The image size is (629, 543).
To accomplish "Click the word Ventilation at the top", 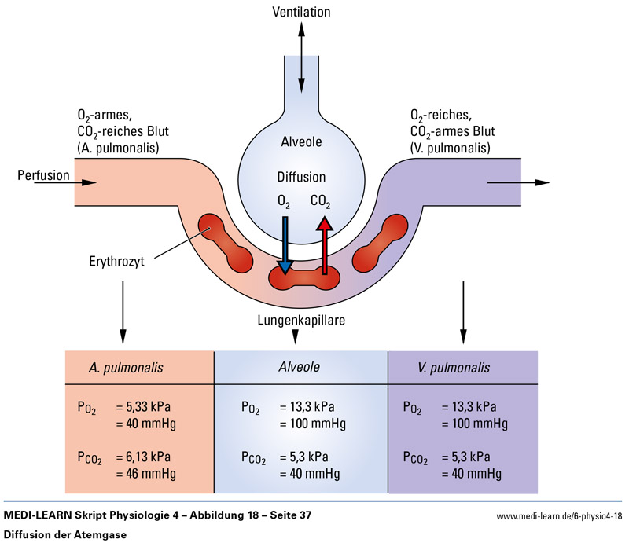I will click(x=301, y=12).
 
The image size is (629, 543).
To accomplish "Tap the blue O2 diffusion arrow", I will click(x=285, y=244).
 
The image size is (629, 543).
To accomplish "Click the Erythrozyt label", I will click(x=119, y=257).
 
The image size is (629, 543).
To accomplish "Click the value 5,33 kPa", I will click(x=146, y=407).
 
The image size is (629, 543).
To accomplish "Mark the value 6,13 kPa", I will click(x=146, y=457).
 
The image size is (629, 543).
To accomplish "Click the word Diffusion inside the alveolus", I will click(x=301, y=177).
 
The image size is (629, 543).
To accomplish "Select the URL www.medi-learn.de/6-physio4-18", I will click(x=560, y=516).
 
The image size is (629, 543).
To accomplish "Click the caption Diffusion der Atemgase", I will click(x=61, y=534).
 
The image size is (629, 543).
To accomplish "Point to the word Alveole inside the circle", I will click(x=301, y=141).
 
